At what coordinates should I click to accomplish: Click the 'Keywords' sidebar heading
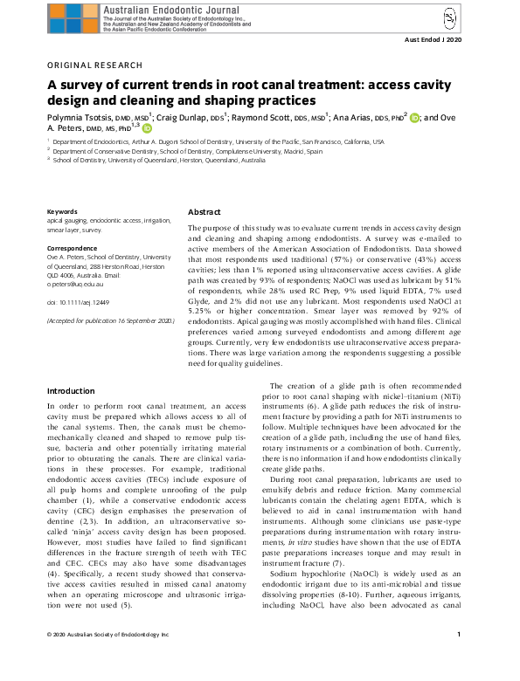[61, 212]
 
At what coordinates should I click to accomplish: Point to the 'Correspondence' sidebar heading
[72, 249]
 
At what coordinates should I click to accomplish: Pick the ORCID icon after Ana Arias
[414, 116]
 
